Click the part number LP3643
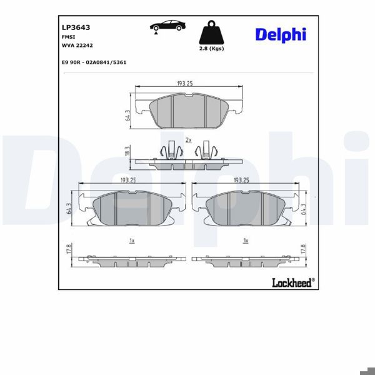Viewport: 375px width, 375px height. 76,27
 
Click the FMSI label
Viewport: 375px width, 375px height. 68,37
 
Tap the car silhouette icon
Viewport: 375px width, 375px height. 166,26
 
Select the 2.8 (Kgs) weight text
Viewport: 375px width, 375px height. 211,49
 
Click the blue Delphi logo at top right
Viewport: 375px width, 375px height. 280,34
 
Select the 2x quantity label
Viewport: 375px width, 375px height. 188,140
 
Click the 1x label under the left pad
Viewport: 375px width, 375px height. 131,240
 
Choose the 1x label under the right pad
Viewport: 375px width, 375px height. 246,240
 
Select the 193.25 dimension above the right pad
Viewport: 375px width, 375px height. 241,180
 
